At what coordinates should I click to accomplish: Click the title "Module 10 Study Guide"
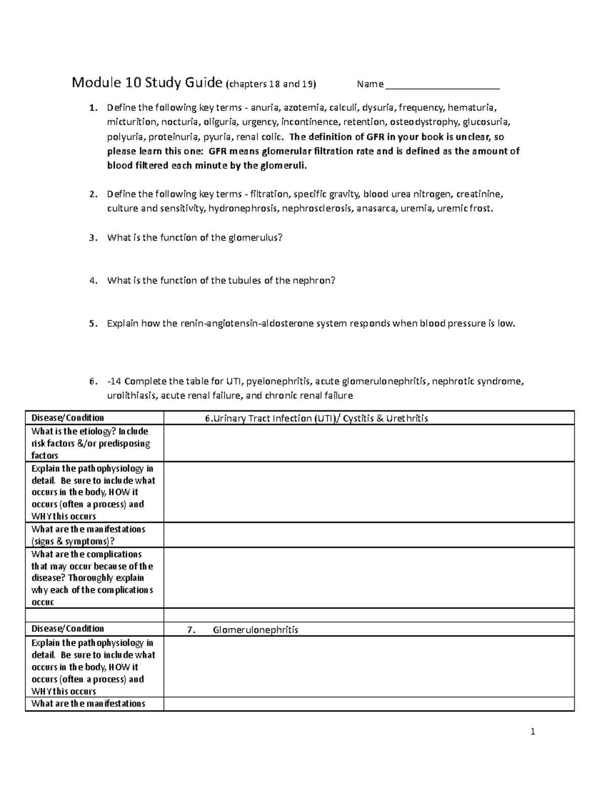(147, 82)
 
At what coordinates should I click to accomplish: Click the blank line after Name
(443, 85)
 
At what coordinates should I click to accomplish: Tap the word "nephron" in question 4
(312, 280)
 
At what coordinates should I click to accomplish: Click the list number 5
(92, 324)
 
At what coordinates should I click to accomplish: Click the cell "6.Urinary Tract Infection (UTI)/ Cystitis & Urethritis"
(317, 418)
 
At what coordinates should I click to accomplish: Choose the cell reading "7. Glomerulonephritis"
(243, 630)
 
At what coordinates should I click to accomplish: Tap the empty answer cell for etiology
(369, 443)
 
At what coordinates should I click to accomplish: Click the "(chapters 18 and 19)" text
(271, 84)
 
